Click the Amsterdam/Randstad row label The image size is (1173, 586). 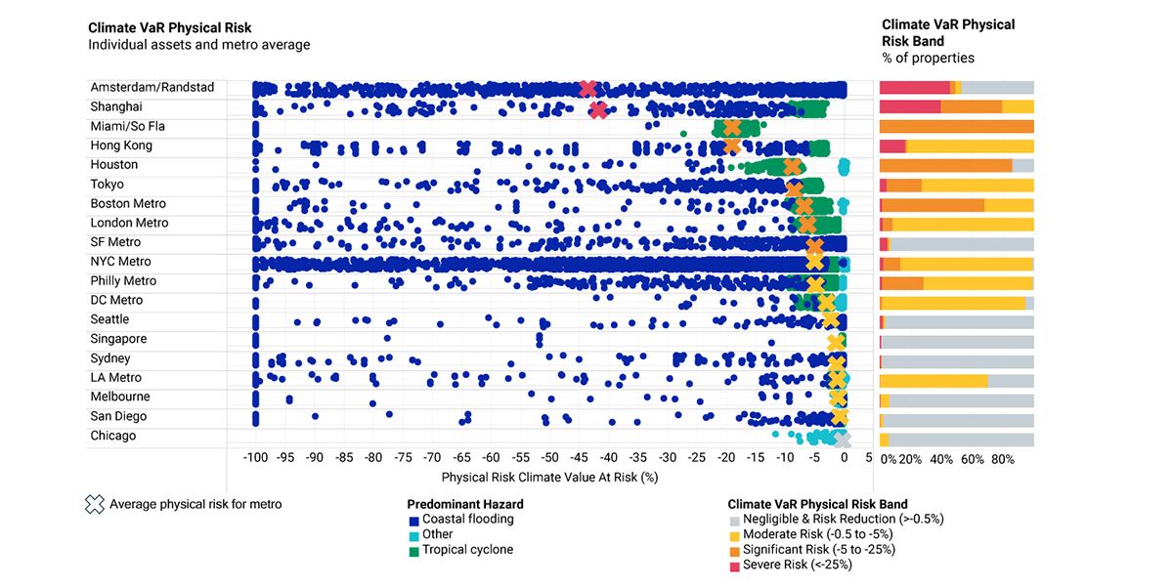click(152, 87)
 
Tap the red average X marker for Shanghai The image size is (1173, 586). click(598, 109)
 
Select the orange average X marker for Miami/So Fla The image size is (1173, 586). click(732, 128)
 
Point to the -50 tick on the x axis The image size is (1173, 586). click(549, 457)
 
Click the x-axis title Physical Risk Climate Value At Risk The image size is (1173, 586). click(549, 478)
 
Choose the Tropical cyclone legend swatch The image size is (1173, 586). click(414, 550)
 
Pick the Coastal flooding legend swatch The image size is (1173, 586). click(414, 520)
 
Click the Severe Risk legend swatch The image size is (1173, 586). click(734, 565)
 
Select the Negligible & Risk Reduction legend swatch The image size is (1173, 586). click(734, 520)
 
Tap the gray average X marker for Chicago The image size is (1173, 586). click(842, 439)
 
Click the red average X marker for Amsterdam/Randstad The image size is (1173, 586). click(587, 89)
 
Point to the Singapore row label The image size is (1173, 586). click(118, 339)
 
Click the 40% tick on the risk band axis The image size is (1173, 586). click(941, 459)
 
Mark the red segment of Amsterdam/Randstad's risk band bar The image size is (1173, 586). click(914, 88)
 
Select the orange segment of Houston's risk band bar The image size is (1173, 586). click(945, 165)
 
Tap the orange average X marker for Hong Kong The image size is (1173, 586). click(732, 146)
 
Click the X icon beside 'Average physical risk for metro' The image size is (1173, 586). click(94, 504)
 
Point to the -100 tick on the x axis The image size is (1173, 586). click(255, 457)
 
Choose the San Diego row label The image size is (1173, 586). click(118, 416)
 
